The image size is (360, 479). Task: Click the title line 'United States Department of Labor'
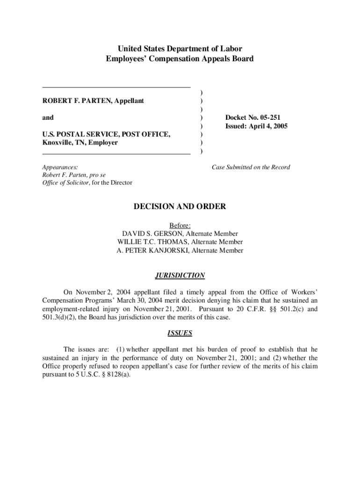point(180,49)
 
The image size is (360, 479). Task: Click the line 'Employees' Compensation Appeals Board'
point(180,59)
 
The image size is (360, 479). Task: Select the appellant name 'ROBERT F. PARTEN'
point(69,101)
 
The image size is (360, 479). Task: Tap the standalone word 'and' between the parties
point(48,118)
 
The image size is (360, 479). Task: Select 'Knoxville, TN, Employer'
point(80,143)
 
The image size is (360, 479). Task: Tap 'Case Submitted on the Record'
point(251,167)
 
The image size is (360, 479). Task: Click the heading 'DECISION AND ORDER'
point(180,207)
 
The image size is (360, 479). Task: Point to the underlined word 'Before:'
point(180,225)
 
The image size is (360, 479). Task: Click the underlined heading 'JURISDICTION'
point(180,276)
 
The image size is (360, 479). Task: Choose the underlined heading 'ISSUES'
point(180,334)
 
